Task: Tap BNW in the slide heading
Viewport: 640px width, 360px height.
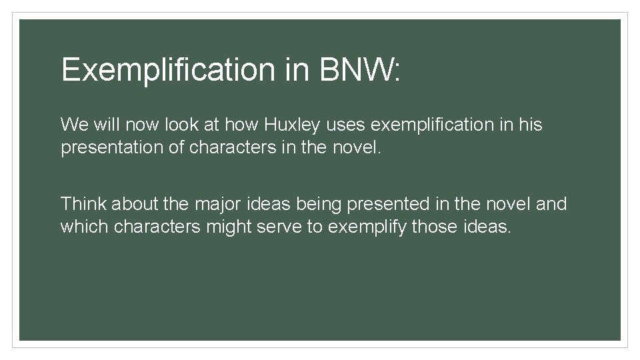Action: pos(357,69)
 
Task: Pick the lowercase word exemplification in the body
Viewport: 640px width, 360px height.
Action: pos(439,125)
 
